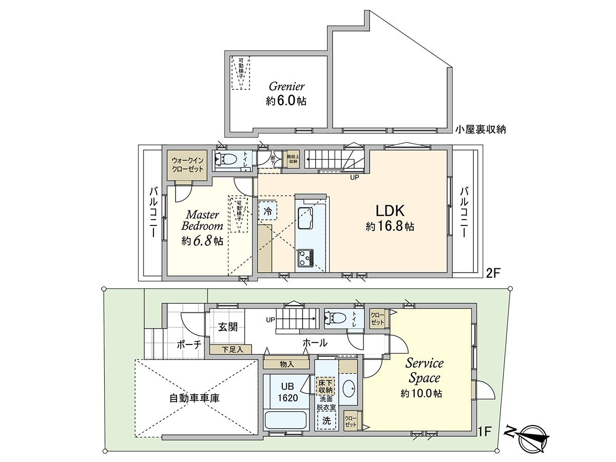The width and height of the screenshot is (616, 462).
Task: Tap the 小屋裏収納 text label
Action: tap(480, 130)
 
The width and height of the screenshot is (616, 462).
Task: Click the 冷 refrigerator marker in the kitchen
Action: tap(267, 210)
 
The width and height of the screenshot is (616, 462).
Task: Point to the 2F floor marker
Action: tap(493, 274)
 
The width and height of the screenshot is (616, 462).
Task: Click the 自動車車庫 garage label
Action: tap(195, 398)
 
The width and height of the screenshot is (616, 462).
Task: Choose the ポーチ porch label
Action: tap(188, 344)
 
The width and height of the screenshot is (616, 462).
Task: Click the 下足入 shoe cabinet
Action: tap(230, 349)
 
